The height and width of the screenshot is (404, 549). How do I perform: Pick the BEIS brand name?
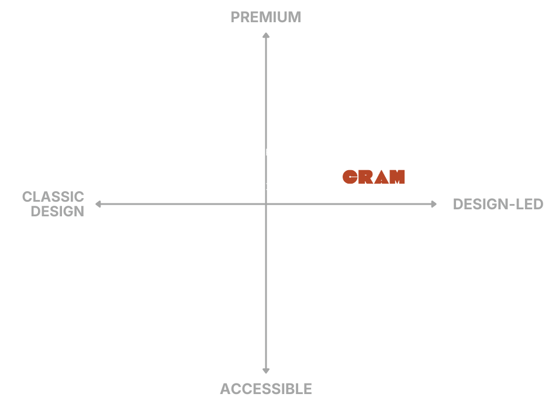tap(265, 187)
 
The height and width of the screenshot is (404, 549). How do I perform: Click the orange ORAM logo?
tap(374, 177)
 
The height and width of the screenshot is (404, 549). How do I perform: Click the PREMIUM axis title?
tap(265, 17)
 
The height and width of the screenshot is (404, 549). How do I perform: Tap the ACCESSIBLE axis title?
tap(266, 389)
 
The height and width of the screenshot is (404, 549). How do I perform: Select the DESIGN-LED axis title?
tap(498, 204)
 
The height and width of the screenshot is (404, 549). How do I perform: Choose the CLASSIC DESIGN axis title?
tap(54, 203)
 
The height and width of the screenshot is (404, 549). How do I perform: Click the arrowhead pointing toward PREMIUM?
tap(265, 36)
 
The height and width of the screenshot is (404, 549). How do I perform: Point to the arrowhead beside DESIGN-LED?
tap(433, 204)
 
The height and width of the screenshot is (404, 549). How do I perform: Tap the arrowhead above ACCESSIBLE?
tap(265, 371)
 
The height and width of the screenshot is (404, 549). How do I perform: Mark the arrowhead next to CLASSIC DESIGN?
tap(98, 204)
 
